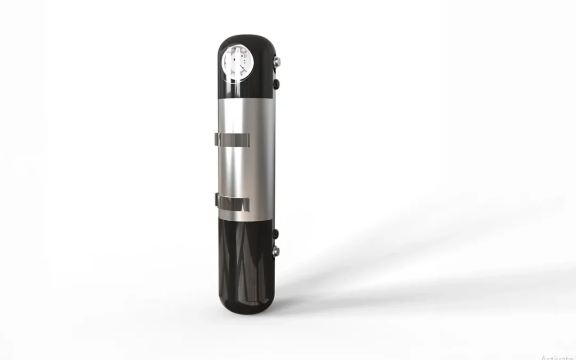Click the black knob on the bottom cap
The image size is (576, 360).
pyautogui.click(x=276, y=233)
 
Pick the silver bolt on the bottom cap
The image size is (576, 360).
pyautogui.click(x=276, y=250)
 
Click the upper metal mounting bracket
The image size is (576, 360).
pyautogui.click(x=233, y=140)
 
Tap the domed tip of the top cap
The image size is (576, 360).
pyautogui.click(x=247, y=40)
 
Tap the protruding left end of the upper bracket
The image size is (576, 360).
pyautogui.click(x=216, y=140)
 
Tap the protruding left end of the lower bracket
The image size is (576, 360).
pyautogui.click(x=217, y=202)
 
